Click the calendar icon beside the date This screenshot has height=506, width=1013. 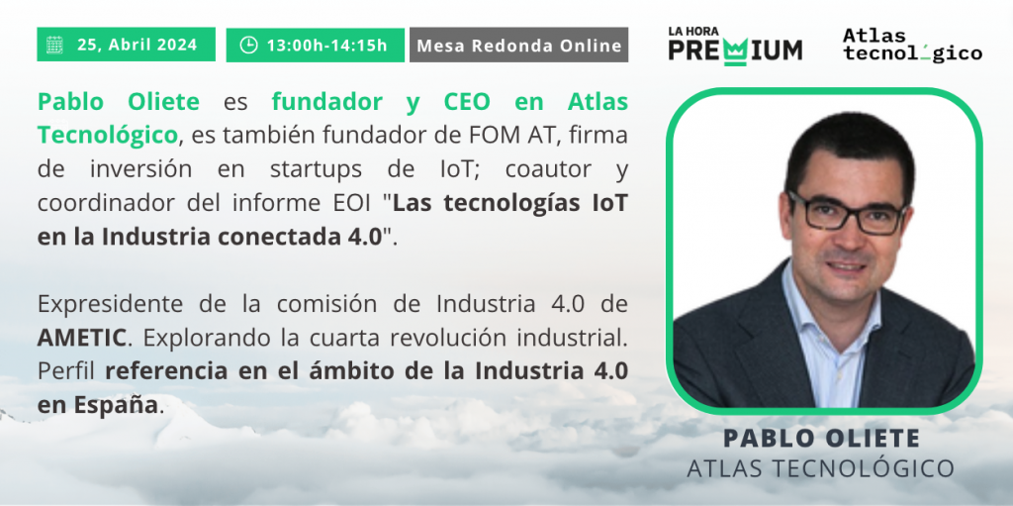click(x=54, y=45)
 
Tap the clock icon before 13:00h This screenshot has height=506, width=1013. click(x=248, y=45)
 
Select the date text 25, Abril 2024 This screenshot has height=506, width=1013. click(x=137, y=46)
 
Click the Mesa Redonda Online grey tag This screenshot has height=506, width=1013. click(x=518, y=45)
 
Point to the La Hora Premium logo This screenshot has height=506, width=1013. click(x=735, y=46)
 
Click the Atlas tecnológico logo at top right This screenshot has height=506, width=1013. click(x=911, y=45)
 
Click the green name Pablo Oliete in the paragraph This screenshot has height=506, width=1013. click(x=119, y=102)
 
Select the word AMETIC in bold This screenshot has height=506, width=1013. click(x=81, y=337)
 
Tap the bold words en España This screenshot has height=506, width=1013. click(x=97, y=405)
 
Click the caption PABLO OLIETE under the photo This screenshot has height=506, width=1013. click(x=821, y=438)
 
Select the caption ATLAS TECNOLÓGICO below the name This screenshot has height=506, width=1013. click(x=820, y=468)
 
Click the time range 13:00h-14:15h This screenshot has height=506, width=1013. click(x=326, y=46)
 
